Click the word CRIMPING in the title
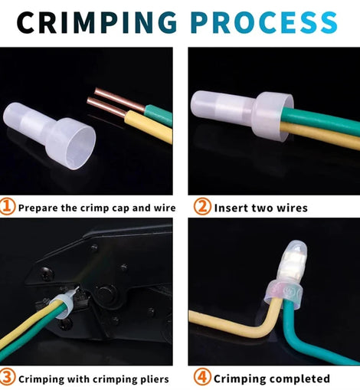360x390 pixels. pyautogui.click(x=97, y=22)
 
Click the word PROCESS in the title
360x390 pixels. pyautogui.click(x=263, y=22)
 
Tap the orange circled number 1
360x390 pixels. pyautogui.click(x=7, y=206)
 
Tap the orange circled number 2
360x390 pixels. pyautogui.click(x=202, y=206)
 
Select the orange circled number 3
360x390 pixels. pyautogui.click(x=7, y=377)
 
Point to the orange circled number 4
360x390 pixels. pyautogui.click(x=202, y=377)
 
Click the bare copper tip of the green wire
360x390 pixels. pyautogui.click(x=119, y=100)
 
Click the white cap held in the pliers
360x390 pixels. pyautogui.click(x=64, y=304)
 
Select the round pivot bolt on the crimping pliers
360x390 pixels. pyautogui.click(x=106, y=293)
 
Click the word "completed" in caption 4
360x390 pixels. pyautogui.click(x=302, y=379)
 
